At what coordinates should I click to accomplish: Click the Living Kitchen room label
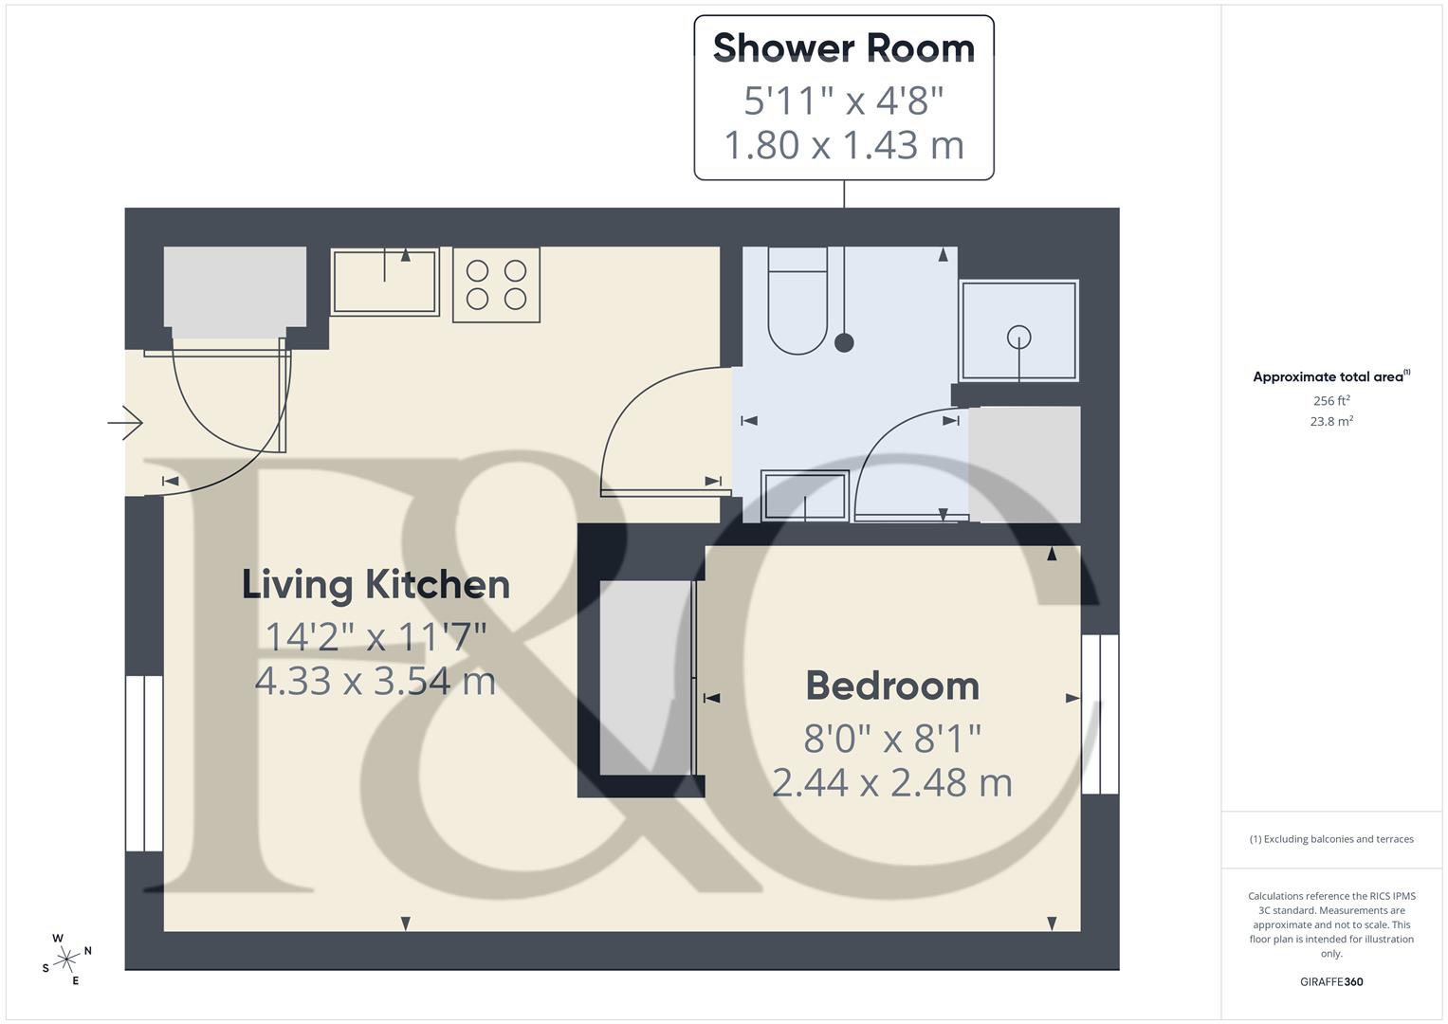tap(376, 584)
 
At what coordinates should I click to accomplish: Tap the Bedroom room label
tap(892, 686)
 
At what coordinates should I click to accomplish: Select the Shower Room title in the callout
tap(843, 47)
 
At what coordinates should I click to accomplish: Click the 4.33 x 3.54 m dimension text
tap(376, 681)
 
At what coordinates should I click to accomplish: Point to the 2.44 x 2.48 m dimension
tap(892, 783)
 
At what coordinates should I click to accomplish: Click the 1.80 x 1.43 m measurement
tap(843, 145)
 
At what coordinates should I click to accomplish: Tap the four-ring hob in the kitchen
tap(496, 285)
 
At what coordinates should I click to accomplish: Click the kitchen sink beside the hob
tap(384, 282)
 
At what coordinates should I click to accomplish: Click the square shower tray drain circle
tap(1018, 336)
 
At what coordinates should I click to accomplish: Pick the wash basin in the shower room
tap(804, 495)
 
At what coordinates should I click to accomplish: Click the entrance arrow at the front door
tap(125, 422)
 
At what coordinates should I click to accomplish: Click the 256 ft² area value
tap(1331, 401)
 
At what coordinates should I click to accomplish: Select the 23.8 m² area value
tap(1331, 422)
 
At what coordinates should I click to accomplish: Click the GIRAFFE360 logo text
tap(1331, 982)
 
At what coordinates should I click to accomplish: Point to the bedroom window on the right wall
tap(1100, 714)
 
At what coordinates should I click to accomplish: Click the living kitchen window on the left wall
tap(144, 763)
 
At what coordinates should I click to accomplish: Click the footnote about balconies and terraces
tap(1331, 839)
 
